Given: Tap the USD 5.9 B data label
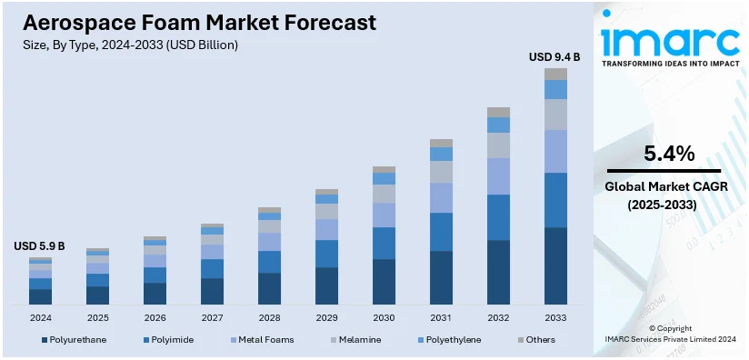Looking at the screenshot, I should point(39,246).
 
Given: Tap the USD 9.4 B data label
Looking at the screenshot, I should point(554,57).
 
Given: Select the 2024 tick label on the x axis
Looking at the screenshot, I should point(40,318).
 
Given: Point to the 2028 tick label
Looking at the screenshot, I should point(269,318).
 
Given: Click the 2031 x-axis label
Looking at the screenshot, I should point(441,318).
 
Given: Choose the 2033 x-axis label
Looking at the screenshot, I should point(555,318).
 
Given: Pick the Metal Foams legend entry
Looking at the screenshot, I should point(265,340).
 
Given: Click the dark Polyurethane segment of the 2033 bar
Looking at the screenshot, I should point(555,265).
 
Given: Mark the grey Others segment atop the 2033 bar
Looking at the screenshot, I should point(555,74).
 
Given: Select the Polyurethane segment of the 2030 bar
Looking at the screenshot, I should point(384,281).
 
